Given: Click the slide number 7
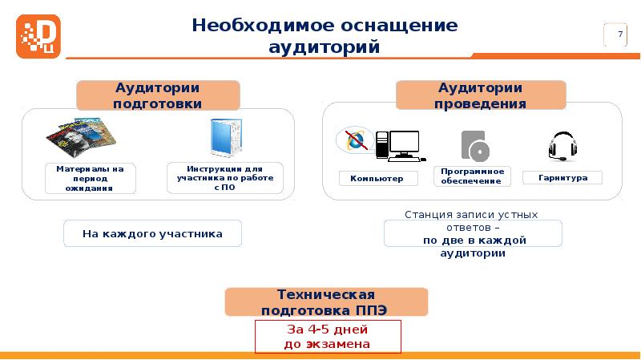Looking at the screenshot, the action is click(x=619, y=34).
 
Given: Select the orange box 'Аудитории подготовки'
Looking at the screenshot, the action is click(x=157, y=95).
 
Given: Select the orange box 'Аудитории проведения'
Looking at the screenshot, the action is click(x=481, y=95).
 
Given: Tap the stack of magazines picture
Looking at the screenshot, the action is click(x=80, y=138).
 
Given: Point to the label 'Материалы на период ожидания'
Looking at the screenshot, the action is click(x=90, y=178).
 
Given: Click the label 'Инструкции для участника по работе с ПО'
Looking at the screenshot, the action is click(x=231, y=178).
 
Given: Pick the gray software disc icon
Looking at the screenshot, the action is click(x=474, y=145).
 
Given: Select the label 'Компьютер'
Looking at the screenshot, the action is click(x=377, y=178).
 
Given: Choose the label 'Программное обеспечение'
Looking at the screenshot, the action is click(x=472, y=176).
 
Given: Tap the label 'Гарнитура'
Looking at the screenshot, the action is click(x=562, y=178).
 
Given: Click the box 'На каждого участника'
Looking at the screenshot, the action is click(x=152, y=234).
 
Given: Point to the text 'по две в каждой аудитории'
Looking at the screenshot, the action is click(x=473, y=246).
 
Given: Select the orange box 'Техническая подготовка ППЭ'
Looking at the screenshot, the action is click(x=326, y=302).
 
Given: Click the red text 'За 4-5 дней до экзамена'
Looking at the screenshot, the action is click(x=327, y=337).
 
